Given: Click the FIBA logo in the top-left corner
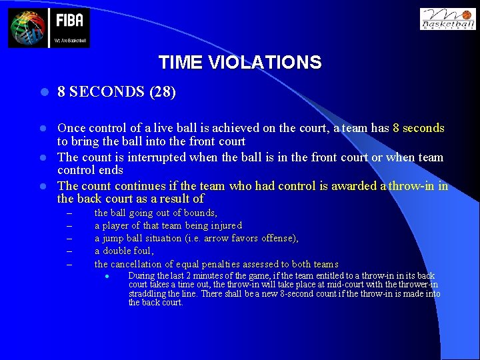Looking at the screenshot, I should [49, 28].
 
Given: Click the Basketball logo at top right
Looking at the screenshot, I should [447, 19].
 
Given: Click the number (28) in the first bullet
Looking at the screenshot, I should [163, 92].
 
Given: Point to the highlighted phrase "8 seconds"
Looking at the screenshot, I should [419, 128].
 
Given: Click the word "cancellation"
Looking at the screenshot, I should [141, 264].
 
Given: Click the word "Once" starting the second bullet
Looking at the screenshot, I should [71, 128].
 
